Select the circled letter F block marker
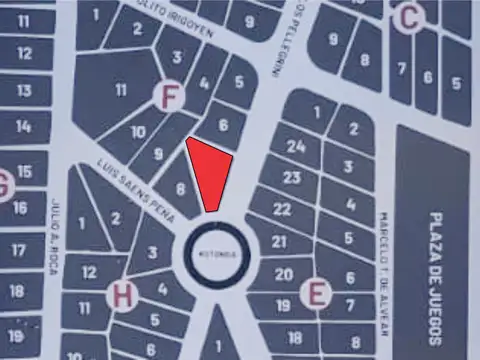click(171, 96)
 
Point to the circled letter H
click(122, 295)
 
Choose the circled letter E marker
click(317, 294)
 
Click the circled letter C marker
click(408, 17)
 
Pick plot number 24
click(295, 147)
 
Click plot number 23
click(292, 178)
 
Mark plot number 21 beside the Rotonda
click(279, 242)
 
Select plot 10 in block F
click(138, 132)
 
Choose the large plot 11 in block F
click(120, 89)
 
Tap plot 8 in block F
click(180, 188)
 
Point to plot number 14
click(24, 127)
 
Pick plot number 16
click(20, 209)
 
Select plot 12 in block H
click(88, 272)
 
